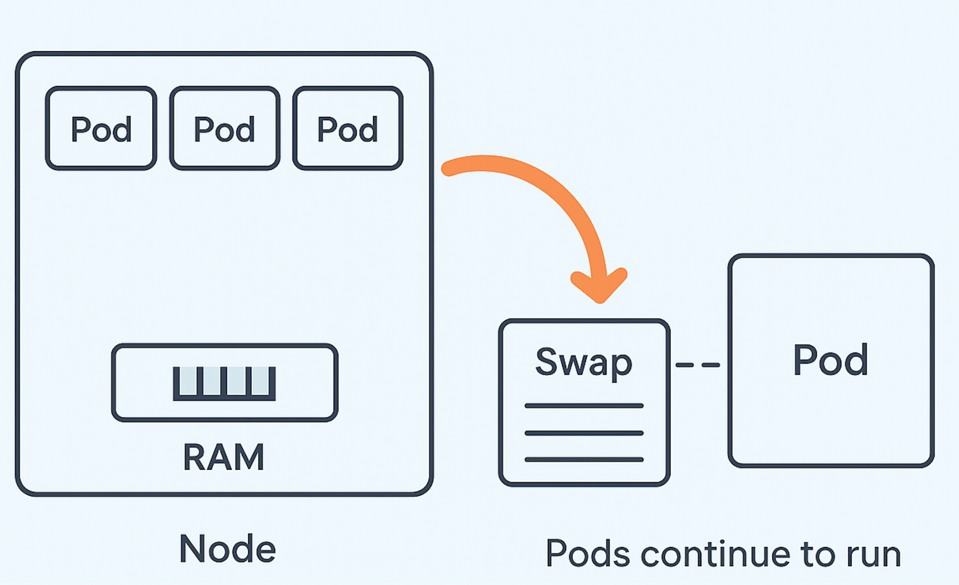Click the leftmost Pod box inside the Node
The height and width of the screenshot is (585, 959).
coord(101,129)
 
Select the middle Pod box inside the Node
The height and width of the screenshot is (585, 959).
coord(224,129)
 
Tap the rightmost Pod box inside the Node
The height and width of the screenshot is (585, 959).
coord(348,129)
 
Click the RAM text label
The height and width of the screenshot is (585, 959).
coord(224,457)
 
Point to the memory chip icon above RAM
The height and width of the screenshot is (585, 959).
coord(224,383)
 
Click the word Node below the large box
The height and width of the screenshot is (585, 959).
coord(228,549)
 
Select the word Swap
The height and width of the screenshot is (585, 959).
coord(584,362)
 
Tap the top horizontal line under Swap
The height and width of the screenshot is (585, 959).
coord(584,406)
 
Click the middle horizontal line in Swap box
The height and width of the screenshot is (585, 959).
coord(584,433)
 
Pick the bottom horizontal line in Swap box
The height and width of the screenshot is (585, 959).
coord(584,459)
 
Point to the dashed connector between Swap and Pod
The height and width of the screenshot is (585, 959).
coord(698,365)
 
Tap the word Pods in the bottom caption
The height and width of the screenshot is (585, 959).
coord(587,554)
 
